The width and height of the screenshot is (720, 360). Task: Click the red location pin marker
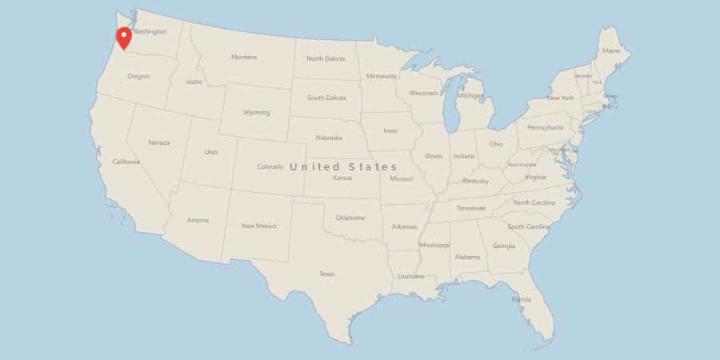[124, 37]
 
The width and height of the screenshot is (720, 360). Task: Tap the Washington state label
[150, 32]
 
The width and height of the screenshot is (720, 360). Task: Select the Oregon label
[138, 76]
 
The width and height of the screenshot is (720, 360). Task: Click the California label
[126, 162]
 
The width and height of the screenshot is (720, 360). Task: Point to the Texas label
[326, 274]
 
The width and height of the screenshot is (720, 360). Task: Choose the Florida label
[522, 299]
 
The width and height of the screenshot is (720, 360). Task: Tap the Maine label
[611, 50]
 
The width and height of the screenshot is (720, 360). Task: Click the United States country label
[343, 166]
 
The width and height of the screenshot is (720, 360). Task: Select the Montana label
[244, 57]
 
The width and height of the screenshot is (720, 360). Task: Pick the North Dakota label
[326, 58]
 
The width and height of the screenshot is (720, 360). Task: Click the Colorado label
[270, 166]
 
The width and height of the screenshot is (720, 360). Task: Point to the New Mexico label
[258, 226]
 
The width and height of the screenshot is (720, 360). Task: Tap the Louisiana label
[410, 276]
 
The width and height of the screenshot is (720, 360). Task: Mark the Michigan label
[471, 95]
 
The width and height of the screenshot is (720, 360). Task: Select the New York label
[560, 98]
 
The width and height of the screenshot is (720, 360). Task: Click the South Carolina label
[528, 226]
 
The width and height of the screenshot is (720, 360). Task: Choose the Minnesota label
[381, 76]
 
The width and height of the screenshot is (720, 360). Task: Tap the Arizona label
[198, 220]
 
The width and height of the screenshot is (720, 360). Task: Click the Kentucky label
[475, 181]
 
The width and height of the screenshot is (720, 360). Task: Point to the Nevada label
[158, 142]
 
